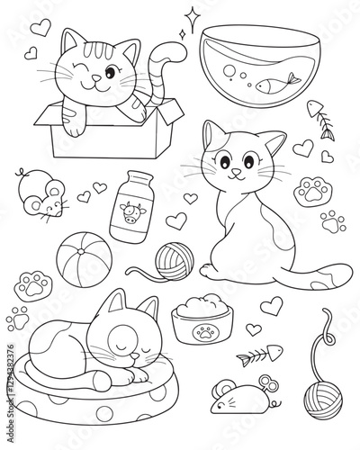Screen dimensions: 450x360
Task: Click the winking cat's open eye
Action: pyautogui.click(x=110, y=70)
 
